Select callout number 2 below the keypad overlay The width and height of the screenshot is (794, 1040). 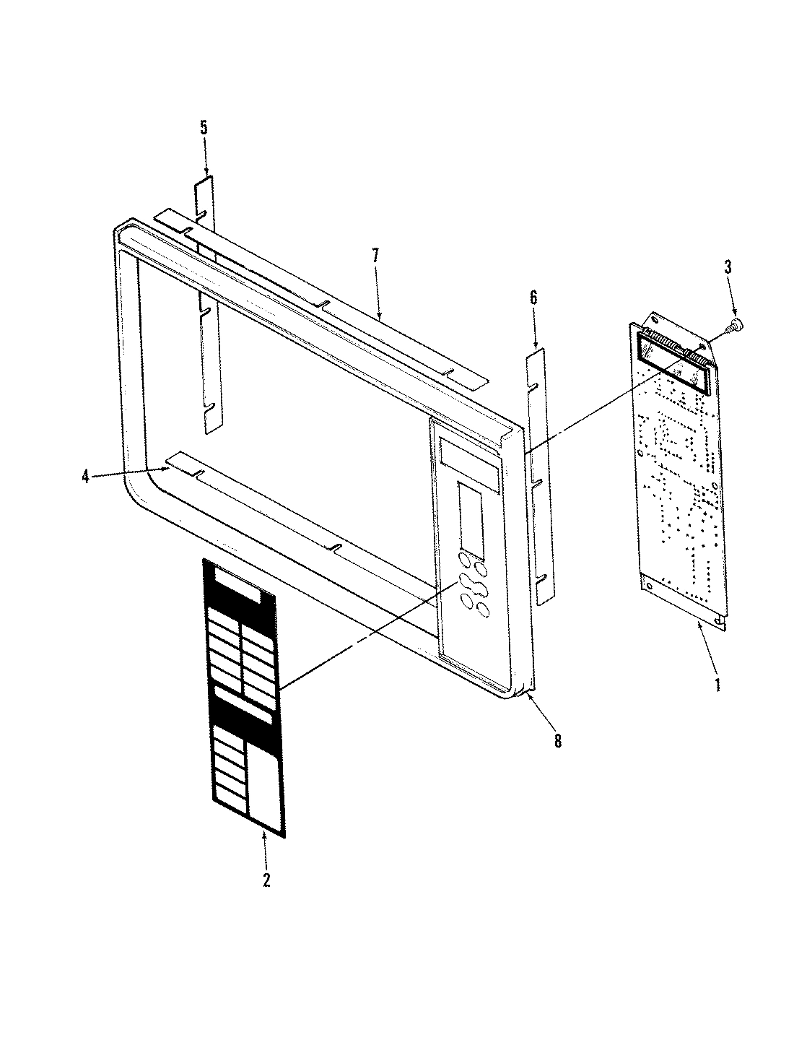click(x=266, y=880)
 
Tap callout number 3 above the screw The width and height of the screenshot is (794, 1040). click(x=728, y=267)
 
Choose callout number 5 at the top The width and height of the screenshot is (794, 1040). click(x=204, y=129)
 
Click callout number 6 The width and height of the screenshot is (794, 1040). click(x=533, y=297)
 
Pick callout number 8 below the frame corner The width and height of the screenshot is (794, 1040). click(x=557, y=741)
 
